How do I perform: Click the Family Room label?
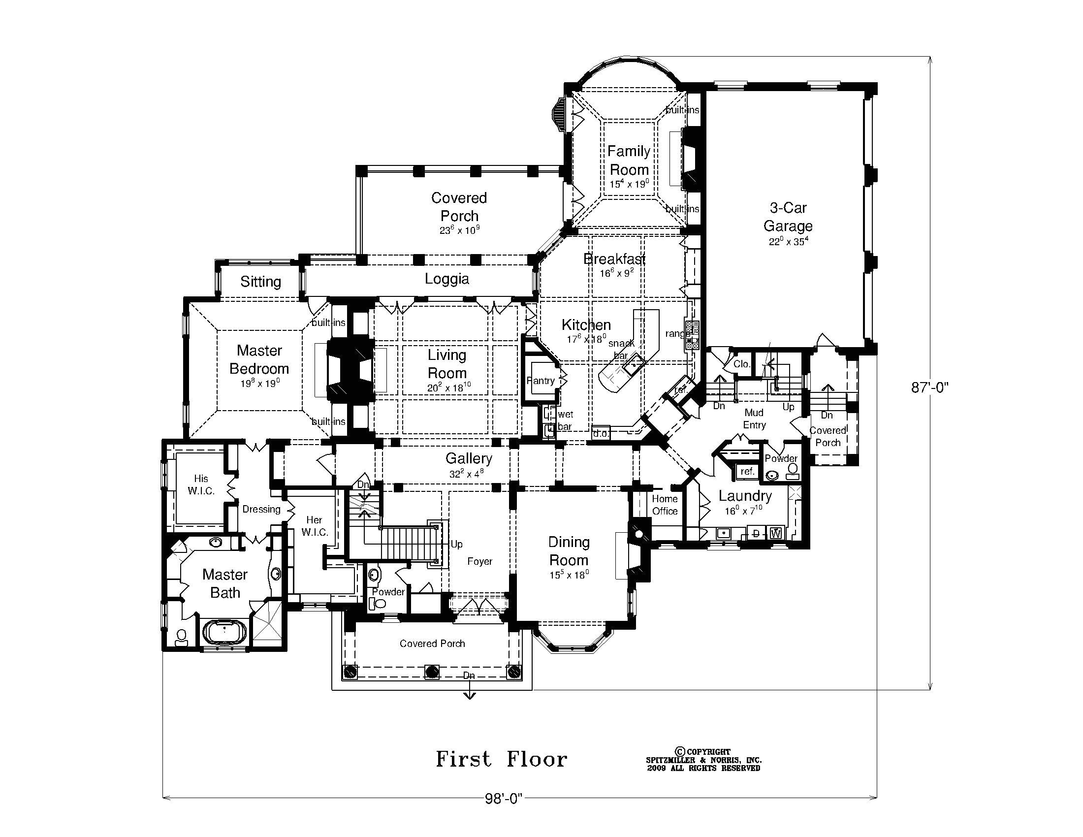click(x=629, y=160)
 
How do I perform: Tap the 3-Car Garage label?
click(x=788, y=217)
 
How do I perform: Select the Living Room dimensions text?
click(x=446, y=387)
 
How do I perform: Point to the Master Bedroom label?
click(x=259, y=359)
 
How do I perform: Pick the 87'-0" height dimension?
click(x=930, y=387)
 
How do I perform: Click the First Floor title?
click(x=501, y=759)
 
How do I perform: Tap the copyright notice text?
click(x=703, y=760)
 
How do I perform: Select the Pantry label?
click(x=541, y=380)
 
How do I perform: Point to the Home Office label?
click(x=665, y=505)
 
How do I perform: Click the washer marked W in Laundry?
click(x=776, y=534)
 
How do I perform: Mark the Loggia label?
click(x=447, y=279)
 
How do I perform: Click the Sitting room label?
click(x=260, y=282)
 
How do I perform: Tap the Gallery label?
click(x=469, y=458)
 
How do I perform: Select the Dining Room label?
click(x=569, y=551)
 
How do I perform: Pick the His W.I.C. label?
click(x=201, y=484)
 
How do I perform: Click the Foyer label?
click(x=479, y=561)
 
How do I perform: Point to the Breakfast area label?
click(x=614, y=259)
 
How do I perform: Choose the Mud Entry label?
click(x=754, y=418)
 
